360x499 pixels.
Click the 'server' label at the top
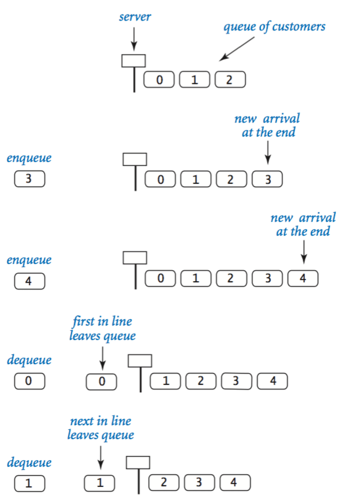click(135, 17)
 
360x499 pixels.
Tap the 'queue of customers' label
click(275, 27)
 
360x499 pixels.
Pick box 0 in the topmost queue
click(158, 80)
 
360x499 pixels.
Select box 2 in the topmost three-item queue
click(230, 80)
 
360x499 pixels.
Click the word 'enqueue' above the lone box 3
click(29, 157)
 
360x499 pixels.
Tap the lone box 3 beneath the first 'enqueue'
click(29, 179)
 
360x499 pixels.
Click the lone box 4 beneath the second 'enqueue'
click(29, 282)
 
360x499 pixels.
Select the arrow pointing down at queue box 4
click(304, 252)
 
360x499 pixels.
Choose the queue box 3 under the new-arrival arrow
click(267, 179)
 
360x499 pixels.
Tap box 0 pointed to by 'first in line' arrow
click(101, 381)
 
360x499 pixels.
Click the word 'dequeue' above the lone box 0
click(29, 360)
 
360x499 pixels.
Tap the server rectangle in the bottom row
click(138, 462)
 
